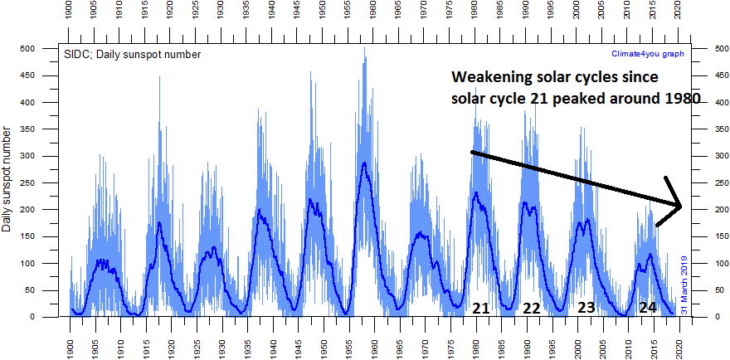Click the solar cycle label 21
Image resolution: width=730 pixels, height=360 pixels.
pos(481,308)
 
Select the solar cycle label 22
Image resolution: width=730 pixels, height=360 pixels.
pos(532,308)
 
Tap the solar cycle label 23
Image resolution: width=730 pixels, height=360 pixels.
pos(586,307)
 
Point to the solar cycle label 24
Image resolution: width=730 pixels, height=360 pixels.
pos(648,307)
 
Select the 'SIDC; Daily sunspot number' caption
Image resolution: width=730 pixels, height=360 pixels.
pos(132,54)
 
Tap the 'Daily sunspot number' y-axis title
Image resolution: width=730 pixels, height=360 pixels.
pos(8,180)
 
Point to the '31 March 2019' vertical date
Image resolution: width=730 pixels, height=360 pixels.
pos(685,283)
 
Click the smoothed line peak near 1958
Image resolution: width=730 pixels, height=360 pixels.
pos(364,163)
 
